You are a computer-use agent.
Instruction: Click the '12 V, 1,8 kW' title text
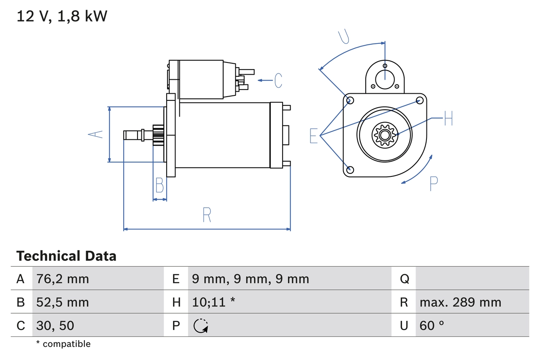coord(62,16)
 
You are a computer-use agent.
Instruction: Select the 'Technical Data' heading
coord(66,256)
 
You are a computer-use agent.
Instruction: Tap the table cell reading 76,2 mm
coord(62,279)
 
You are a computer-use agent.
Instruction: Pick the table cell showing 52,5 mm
coord(62,302)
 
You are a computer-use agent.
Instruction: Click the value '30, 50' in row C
coord(55,325)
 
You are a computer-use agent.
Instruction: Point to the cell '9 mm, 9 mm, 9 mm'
coord(250,279)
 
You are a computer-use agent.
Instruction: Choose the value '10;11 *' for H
coord(213,302)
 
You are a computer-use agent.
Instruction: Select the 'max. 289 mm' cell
coord(460,302)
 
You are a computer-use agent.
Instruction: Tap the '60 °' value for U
coord(432,325)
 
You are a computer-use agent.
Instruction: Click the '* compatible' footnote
coord(63,344)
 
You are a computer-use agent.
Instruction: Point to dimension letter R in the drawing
coord(207,215)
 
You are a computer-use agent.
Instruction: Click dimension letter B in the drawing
coord(159,185)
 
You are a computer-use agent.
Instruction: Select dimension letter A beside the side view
coord(96,134)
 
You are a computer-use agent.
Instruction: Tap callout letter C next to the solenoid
coord(278,80)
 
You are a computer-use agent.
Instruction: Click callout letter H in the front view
coord(448,119)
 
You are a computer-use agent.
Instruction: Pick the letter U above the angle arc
coord(344,36)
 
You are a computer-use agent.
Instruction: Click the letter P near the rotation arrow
coord(433,184)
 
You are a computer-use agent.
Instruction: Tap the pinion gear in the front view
coord(384,135)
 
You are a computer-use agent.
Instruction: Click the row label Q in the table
coord(404,279)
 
